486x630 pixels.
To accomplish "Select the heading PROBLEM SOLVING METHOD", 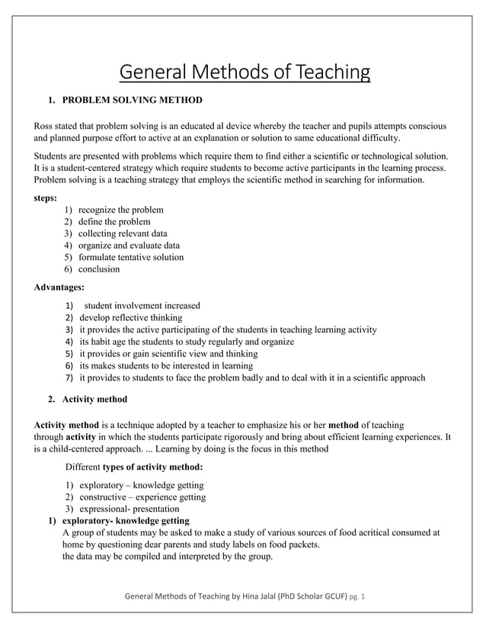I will pyautogui.click(x=132, y=100).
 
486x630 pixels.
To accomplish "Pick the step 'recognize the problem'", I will pyautogui.click(x=120, y=210).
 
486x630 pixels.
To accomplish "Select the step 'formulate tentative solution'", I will pyautogui.click(x=131, y=257).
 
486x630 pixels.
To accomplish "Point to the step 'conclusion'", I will pyautogui.click(x=99, y=269).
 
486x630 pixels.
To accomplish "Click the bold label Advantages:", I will pyautogui.click(x=59, y=288).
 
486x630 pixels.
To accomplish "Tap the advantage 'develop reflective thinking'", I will pyautogui.click(x=130, y=318).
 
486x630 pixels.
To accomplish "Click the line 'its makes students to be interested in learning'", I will pyautogui.click(x=165, y=365).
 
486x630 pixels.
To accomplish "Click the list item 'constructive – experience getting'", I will pyautogui.click(x=142, y=497).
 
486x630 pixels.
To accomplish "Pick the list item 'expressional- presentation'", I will pyautogui.click(x=129, y=509).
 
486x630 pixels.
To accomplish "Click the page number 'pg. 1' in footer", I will pyautogui.click(x=357, y=596).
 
